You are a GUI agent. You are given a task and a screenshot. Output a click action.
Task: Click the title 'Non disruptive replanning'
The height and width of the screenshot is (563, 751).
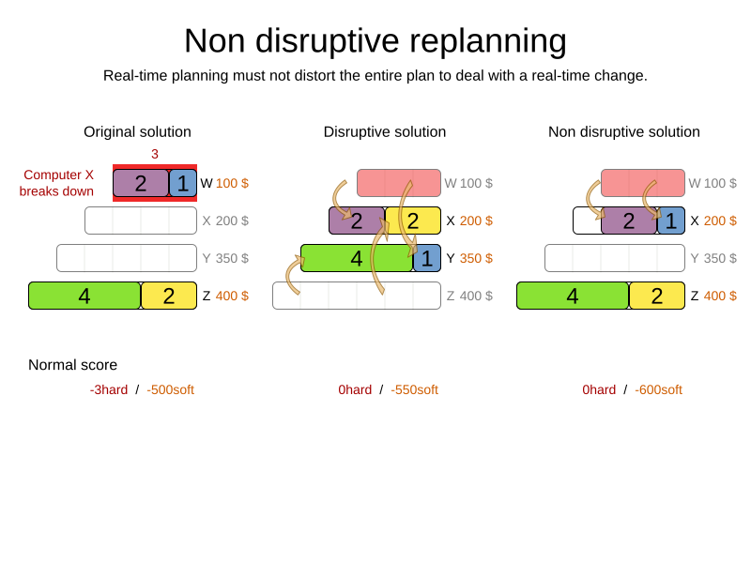tap(375, 41)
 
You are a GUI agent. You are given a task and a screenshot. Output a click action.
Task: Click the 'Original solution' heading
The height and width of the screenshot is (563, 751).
tap(137, 132)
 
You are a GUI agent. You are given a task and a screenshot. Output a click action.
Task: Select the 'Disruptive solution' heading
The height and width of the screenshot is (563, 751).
tap(385, 132)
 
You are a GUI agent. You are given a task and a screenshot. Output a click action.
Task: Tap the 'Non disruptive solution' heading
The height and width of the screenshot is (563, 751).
tap(624, 132)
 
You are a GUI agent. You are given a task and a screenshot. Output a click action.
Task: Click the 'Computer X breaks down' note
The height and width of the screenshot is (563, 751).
tap(57, 183)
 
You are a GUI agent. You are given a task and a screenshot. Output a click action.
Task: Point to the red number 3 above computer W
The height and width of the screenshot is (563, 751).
tap(155, 154)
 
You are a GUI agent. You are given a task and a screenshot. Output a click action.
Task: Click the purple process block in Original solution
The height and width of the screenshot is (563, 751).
tap(141, 183)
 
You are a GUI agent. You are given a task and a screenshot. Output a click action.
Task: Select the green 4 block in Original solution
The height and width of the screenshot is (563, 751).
tap(84, 296)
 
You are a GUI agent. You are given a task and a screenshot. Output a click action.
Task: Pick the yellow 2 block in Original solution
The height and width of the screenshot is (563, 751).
tap(169, 296)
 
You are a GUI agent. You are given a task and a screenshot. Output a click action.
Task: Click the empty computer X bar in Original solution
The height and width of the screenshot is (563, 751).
tap(141, 221)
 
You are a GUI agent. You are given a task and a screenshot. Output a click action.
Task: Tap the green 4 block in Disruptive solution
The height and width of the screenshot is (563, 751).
tap(357, 258)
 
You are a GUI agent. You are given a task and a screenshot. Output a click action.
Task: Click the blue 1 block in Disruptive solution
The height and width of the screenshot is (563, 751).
tap(427, 258)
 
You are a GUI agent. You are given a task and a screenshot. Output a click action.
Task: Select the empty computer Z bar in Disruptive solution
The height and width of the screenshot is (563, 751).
tap(357, 296)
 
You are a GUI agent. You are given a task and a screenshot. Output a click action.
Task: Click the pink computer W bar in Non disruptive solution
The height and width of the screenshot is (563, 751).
tap(643, 183)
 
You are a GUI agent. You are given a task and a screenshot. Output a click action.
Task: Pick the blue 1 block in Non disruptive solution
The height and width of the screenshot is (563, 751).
tap(671, 221)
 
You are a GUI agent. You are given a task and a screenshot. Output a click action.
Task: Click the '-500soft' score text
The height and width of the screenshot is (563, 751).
tap(170, 389)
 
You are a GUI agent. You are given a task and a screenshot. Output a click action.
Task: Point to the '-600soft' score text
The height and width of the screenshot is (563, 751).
tap(658, 389)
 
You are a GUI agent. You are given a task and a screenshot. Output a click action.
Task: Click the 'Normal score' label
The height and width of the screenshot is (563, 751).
tap(72, 365)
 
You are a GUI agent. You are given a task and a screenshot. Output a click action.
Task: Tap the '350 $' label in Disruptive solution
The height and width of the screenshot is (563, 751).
tap(476, 258)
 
